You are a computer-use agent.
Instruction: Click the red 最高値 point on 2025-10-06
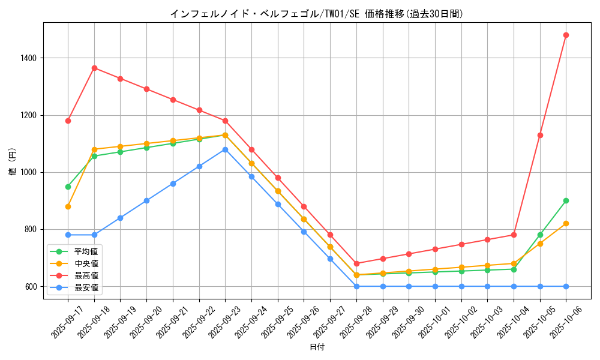click(566, 35)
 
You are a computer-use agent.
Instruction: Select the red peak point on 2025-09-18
click(94, 68)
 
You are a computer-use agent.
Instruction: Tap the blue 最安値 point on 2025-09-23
click(225, 149)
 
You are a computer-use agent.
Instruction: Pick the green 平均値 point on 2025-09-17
click(68, 187)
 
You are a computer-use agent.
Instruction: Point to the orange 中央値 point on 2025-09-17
click(68, 206)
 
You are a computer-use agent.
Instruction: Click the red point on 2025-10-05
click(540, 135)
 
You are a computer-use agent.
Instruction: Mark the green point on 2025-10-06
click(566, 200)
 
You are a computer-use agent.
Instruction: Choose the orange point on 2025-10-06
click(566, 223)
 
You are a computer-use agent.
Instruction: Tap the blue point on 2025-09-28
click(356, 286)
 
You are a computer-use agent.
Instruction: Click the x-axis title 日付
click(317, 347)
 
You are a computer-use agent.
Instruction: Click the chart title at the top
click(317, 13)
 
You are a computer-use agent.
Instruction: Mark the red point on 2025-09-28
click(356, 263)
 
